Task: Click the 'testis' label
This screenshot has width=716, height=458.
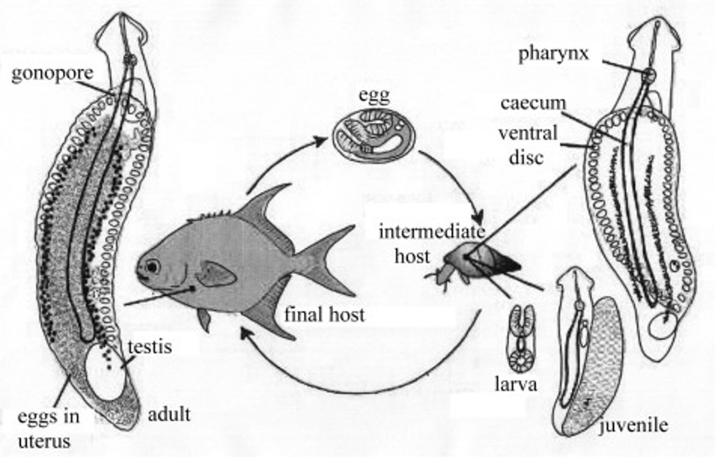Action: (149, 346)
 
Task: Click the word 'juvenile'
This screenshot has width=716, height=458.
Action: (635, 426)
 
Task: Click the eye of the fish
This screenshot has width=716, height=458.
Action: (153, 266)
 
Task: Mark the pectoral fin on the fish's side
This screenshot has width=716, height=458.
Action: (216, 274)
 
